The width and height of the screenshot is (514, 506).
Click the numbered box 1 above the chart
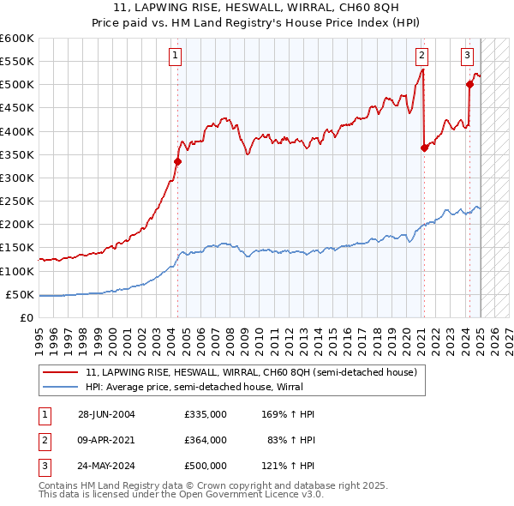coord(175,57)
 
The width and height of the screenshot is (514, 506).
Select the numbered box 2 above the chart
coord(422,57)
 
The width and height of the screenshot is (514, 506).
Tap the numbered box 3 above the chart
coord(468,57)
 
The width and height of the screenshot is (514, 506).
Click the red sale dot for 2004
coord(178,161)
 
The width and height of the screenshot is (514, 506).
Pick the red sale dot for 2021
coord(424,148)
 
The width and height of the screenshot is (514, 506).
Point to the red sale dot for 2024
coord(469,84)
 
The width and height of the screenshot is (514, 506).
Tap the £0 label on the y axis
coord(27,318)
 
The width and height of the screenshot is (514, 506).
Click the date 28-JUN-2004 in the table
coord(107,414)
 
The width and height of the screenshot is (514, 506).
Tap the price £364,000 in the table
coord(205,441)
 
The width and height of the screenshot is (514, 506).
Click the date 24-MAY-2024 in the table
coord(107,467)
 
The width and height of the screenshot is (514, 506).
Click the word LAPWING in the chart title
coord(171,9)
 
